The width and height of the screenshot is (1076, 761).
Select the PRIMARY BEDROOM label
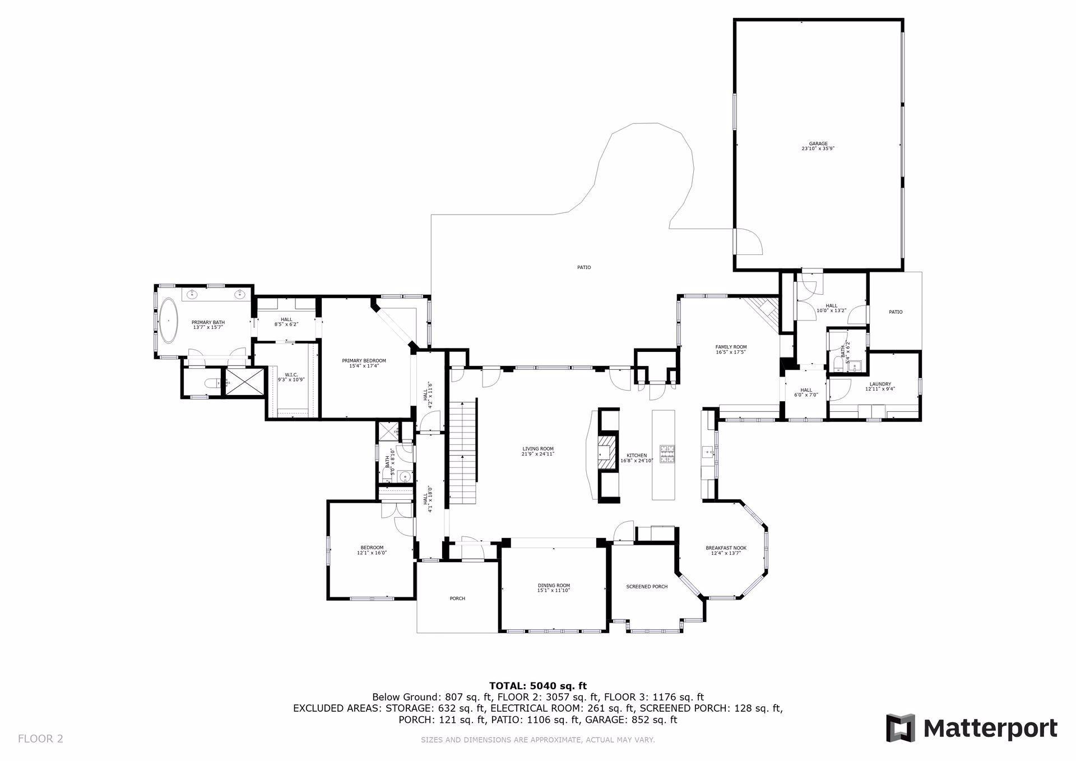click(x=364, y=361)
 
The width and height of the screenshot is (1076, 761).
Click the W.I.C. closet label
click(x=291, y=375)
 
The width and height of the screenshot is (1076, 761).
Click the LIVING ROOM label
click(x=538, y=449)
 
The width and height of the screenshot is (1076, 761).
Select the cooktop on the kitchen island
click(x=667, y=453)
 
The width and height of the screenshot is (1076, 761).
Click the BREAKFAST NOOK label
click(x=726, y=548)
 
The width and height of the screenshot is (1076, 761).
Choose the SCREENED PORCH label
click(x=647, y=587)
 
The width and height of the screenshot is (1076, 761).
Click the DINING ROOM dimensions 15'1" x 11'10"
click(x=554, y=590)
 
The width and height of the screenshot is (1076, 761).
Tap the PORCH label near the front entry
click(x=457, y=598)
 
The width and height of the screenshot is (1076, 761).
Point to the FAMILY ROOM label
click(x=731, y=347)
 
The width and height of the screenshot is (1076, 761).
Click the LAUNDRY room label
click(x=880, y=384)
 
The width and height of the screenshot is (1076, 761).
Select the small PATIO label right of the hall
click(x=896, y=312)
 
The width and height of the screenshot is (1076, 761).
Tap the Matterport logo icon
click(x=900, y=728)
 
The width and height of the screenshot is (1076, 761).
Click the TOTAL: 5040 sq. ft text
click(x=537, y=685)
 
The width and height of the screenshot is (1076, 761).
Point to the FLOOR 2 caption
click(x=40, y=739)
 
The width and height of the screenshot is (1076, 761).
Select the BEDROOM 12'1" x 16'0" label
click(x=372, y=547)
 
